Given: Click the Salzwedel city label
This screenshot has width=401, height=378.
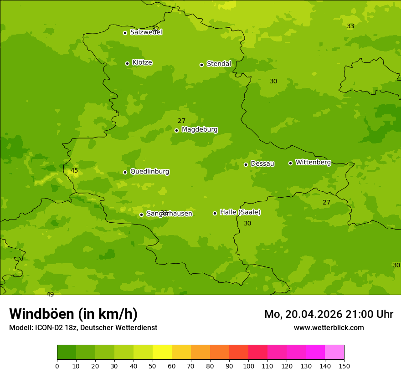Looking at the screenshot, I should (146, 32).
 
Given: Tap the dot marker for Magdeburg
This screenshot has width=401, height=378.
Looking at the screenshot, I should (176, 130).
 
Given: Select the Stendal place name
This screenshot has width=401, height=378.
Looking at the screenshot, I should (219, 64).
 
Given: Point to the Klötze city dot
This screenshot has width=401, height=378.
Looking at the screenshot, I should (127, 63).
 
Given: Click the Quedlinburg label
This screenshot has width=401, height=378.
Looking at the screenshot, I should (149, 172).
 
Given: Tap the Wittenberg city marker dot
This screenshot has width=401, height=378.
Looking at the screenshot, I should (290, 163).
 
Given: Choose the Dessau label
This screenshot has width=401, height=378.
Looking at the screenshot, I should (262, 163).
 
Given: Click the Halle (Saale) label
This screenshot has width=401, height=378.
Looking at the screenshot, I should (240, 212).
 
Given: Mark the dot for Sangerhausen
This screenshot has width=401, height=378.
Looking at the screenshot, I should (141, 215).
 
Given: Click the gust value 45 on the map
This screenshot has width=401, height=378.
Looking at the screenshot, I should (74, 171).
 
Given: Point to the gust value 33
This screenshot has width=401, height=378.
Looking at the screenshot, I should (350, 26).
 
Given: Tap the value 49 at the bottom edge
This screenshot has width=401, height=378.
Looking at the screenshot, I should (50, 294).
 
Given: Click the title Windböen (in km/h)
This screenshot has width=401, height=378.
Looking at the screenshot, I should (73, 314).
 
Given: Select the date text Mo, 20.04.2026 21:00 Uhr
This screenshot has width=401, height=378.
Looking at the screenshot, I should (329, 314).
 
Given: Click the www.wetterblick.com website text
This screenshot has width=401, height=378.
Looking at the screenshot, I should (329, 327).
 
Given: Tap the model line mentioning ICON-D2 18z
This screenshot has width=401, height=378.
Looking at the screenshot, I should (83, 327).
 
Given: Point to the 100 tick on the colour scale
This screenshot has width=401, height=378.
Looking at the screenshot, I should (248, 365).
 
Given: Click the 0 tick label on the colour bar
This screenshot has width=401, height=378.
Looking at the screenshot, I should (57, 365).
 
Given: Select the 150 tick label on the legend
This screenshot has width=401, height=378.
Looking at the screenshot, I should (344, 365).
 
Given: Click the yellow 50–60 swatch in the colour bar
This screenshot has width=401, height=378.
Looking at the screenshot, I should (162, 352).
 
